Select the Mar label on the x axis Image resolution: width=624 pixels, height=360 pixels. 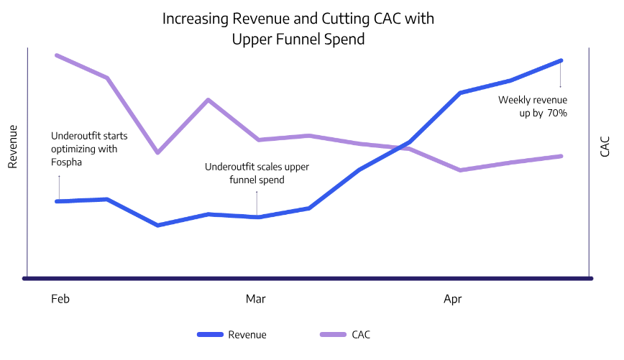(255, 299)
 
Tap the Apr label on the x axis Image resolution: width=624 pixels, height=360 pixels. (453, 299)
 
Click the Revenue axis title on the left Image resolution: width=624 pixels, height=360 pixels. (12, 147)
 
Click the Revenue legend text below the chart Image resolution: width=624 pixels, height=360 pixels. (247, 335)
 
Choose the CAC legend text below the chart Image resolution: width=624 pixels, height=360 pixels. (362, 335)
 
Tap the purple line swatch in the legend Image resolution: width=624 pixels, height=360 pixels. (331, 335)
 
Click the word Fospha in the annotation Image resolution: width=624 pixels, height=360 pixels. (67, 162)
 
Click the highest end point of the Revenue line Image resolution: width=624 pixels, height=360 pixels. (561, 61)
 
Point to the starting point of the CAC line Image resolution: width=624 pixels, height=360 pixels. (58, 55)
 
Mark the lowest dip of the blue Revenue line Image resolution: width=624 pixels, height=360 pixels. (157, 225)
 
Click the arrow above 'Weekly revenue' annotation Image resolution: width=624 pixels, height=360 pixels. (561, 76)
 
